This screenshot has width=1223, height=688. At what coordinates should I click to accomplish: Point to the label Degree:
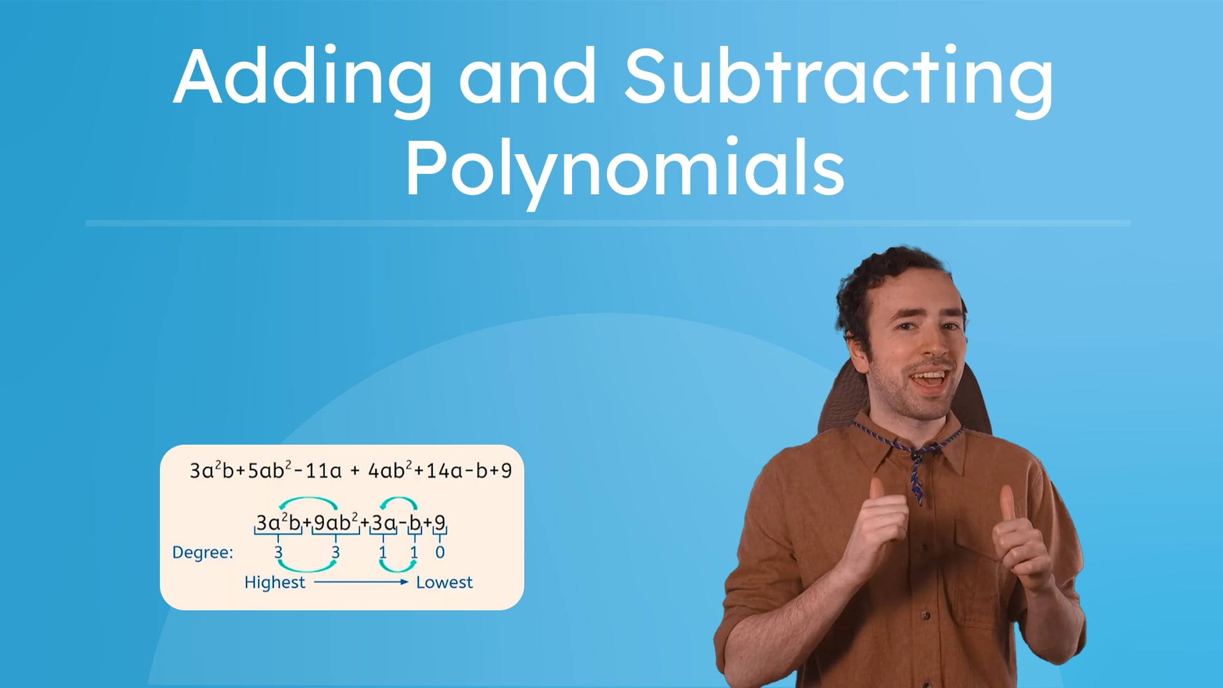pyautogui.click(x=203, y=552)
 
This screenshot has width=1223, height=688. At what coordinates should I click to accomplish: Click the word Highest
pyautogui.click(x=275, y=582)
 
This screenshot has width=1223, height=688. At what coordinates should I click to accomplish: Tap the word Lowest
pyautogui.click(x=444, y=582)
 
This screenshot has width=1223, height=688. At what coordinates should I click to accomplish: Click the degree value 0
pyautogui.click(x=440, y=552)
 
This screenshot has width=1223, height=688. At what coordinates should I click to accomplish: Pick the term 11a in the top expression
pyautogui.click(x=323, y=471)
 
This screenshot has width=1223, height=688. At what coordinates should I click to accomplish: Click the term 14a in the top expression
pyautogui.click(x=444, y=471)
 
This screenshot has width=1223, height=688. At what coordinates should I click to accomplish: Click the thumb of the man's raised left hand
pyautogui.click(x=1008, y=503)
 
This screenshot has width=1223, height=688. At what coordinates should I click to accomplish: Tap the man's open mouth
pyautogui.click(x=930, y=380)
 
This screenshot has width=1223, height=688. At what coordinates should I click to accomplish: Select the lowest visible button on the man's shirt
pyautogui.click(x=926, y=615)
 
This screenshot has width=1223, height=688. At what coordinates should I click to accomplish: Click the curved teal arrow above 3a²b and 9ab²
pyautogui.click(x=308, y=501)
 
